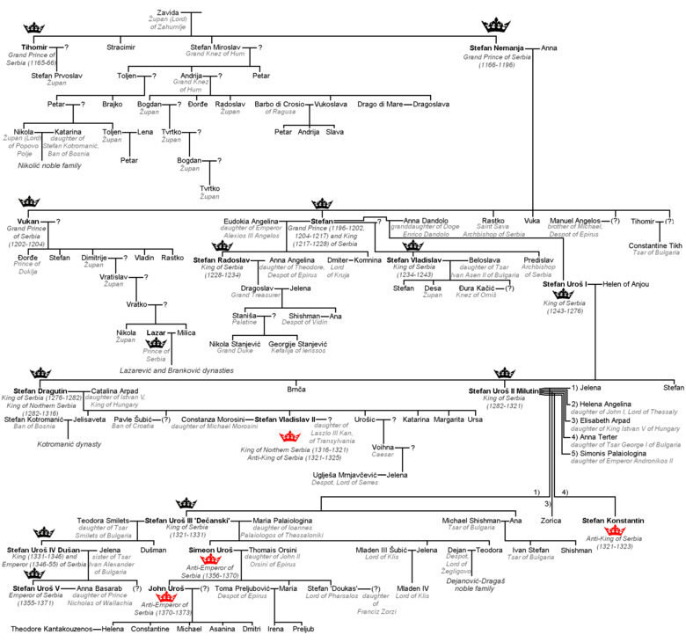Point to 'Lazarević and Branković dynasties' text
pos(177,371)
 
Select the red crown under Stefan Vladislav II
pos(288,436)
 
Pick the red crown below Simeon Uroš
pos(209,559)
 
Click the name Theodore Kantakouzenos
pos(49,630)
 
